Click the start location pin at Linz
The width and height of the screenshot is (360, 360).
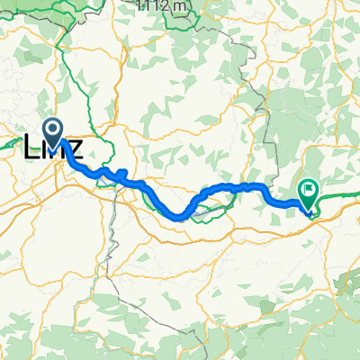[55, 134]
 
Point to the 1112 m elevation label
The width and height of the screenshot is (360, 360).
[162, 5]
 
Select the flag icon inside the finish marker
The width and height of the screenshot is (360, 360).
[309, 189]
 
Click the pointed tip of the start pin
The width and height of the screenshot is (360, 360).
[55, 148]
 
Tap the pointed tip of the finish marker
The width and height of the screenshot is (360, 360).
[309, 212]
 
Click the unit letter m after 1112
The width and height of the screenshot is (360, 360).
[182, 5]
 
